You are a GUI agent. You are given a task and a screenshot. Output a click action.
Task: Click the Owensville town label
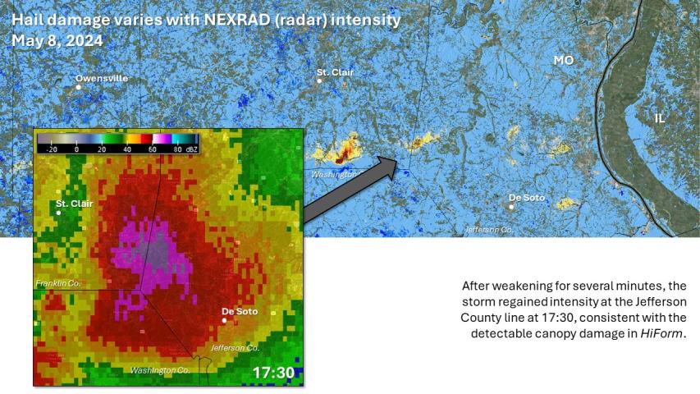pos(102,78)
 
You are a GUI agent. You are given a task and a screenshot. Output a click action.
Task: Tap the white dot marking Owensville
pos(79,86)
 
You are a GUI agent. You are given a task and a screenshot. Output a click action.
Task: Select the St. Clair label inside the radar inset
pos(73,203)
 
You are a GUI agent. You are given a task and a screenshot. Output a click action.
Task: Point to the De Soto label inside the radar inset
pos(240,311)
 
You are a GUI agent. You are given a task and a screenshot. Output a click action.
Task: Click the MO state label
pos(563,61)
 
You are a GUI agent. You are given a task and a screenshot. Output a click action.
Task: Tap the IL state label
pos(660,118)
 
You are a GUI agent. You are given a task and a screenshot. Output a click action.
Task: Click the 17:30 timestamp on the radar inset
pos(272,373)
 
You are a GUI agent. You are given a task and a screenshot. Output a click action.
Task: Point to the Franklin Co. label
pos(58,283)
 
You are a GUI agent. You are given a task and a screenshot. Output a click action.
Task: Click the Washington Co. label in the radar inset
pos(160,370)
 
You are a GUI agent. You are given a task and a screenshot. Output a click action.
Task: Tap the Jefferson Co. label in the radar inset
pos(235,348)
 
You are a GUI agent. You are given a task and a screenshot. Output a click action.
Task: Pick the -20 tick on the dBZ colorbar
pos(51,149)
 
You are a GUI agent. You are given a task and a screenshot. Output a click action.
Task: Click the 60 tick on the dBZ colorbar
pos(153,149)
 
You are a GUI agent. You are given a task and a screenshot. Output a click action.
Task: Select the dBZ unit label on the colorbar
pos(191,149)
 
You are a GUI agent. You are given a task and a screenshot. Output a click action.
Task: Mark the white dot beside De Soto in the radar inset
pos(224,320)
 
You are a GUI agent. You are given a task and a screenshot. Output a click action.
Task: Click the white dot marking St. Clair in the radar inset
pos(58,213)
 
